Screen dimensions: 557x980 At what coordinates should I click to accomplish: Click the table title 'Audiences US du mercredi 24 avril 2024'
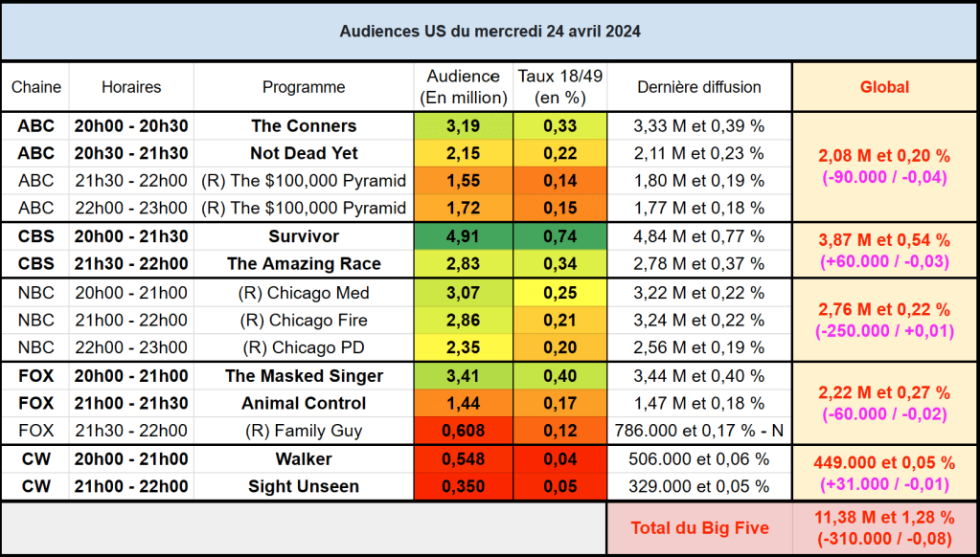(490, 31)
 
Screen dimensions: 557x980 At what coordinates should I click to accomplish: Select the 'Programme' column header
(304, 87)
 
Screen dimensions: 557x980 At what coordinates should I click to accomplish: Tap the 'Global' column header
(884, 87)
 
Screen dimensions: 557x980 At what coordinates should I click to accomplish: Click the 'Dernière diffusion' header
(699, 87)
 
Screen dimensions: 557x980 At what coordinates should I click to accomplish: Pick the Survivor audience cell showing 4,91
(464, 236)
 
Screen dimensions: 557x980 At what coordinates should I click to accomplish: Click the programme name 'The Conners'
(304, 125)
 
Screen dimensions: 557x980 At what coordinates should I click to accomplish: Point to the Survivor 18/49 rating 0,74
(559, 236)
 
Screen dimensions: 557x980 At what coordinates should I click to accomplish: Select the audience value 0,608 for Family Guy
(464, 431)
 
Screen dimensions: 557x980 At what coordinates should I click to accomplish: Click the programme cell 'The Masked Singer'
(304, 376)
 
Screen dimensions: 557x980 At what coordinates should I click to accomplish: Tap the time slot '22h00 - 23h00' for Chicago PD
(131, 347)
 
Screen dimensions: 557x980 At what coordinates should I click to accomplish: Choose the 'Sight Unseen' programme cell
(304, 486)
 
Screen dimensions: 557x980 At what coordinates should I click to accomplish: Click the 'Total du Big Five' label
(699, 527)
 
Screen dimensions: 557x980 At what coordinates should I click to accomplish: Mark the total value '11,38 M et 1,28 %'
(884, 517)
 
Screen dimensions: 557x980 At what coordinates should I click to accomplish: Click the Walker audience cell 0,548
(464, 458)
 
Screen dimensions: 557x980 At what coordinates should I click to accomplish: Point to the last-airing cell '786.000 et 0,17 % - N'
(699, 431)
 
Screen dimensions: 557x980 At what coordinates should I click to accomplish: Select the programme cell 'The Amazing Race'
(304, 264)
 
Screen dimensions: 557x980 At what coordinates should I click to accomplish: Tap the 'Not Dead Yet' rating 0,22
(559, 153)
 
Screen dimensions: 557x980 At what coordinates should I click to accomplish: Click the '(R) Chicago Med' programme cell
(304, 293)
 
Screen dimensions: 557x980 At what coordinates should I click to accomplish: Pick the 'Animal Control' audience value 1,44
(464, 403)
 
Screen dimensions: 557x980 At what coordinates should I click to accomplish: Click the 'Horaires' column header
(131, 87)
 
